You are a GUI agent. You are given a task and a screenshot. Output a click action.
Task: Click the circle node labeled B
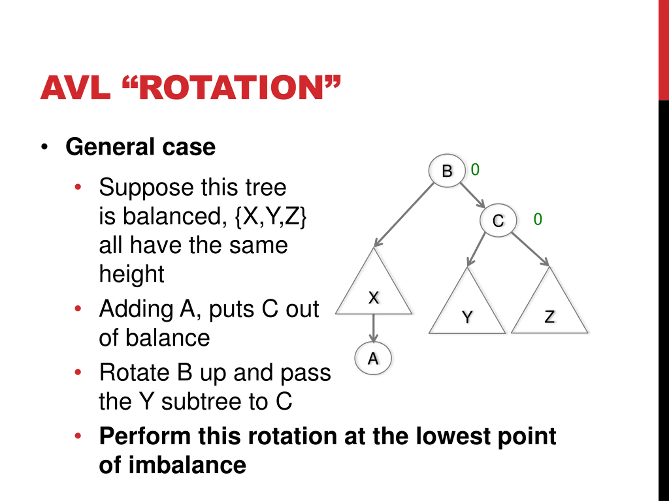coord(447,171)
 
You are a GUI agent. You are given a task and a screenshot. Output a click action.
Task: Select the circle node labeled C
coord(498,220)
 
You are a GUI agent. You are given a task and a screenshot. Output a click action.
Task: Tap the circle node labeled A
coord(373,359)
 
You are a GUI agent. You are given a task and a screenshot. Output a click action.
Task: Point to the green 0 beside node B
coord(475,169)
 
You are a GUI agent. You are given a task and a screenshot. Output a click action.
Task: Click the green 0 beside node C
coord(538,219)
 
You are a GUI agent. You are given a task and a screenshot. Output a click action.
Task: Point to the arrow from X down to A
coord(373,328)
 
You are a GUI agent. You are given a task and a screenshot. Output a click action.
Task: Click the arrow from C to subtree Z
coord(530,249)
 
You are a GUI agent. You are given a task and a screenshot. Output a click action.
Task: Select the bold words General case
coord(140,147)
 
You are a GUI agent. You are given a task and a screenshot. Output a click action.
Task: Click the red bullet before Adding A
coord(78,308)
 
